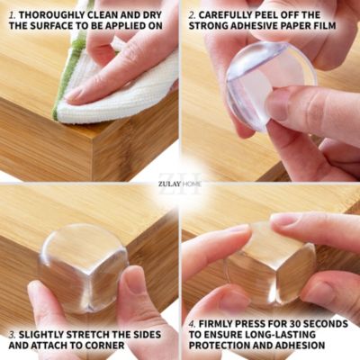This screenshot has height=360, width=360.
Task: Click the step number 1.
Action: (13, 14)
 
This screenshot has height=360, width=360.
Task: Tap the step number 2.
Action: (193, 14)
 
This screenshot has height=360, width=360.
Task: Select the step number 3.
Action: (13, 335)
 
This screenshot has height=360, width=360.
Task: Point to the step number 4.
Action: (193, 324)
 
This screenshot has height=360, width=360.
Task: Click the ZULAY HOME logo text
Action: (180, 184)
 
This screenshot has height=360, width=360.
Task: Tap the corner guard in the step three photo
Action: (83, 268)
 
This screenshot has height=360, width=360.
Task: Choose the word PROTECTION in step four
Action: (221, 345)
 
